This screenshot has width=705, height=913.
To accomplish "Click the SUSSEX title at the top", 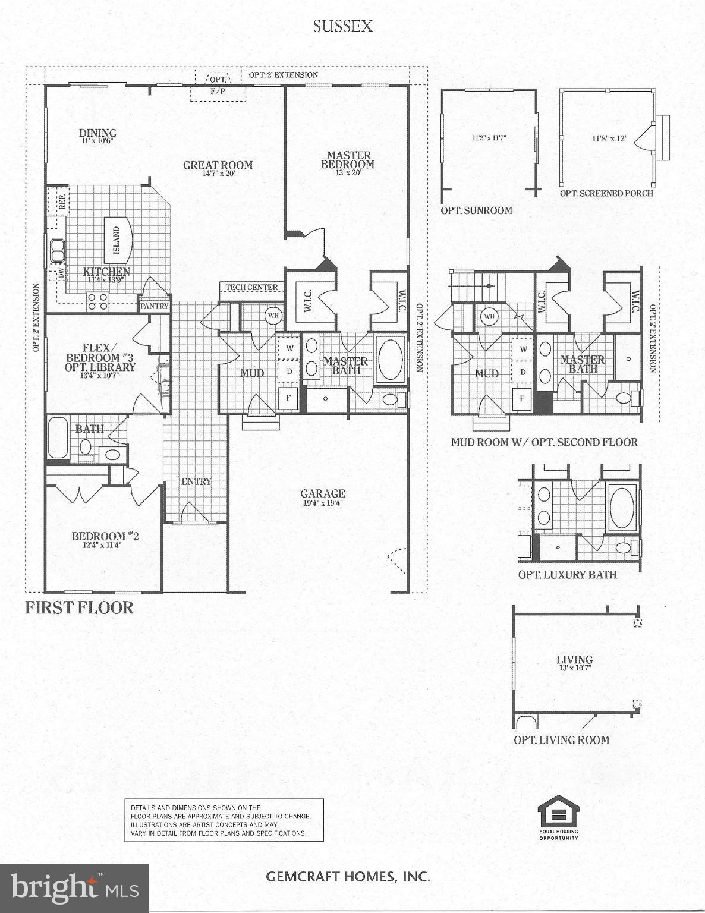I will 343,26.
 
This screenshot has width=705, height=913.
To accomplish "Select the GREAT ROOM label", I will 218,165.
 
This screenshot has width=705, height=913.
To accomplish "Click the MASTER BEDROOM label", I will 348,160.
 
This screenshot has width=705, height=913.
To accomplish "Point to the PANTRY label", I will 155,306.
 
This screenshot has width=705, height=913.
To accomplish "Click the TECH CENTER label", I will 251,287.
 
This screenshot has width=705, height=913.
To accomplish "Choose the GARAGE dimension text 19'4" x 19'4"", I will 322,503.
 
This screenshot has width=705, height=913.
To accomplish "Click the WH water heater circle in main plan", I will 273,316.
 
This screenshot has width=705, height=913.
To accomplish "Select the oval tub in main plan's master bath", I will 391,359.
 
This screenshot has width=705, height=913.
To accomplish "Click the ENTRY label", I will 196,481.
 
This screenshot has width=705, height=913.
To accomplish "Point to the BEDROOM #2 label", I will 105,536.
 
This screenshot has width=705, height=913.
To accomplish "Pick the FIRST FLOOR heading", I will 79,607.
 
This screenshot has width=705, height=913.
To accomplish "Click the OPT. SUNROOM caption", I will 476,210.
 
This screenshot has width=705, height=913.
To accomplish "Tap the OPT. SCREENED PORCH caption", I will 606,193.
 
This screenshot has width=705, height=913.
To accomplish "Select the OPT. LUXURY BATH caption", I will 567,575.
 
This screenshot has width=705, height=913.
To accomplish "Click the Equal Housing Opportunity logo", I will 558,817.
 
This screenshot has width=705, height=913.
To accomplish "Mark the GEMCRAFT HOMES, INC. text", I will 348,876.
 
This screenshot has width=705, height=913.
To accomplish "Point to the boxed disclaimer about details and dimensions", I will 224,820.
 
